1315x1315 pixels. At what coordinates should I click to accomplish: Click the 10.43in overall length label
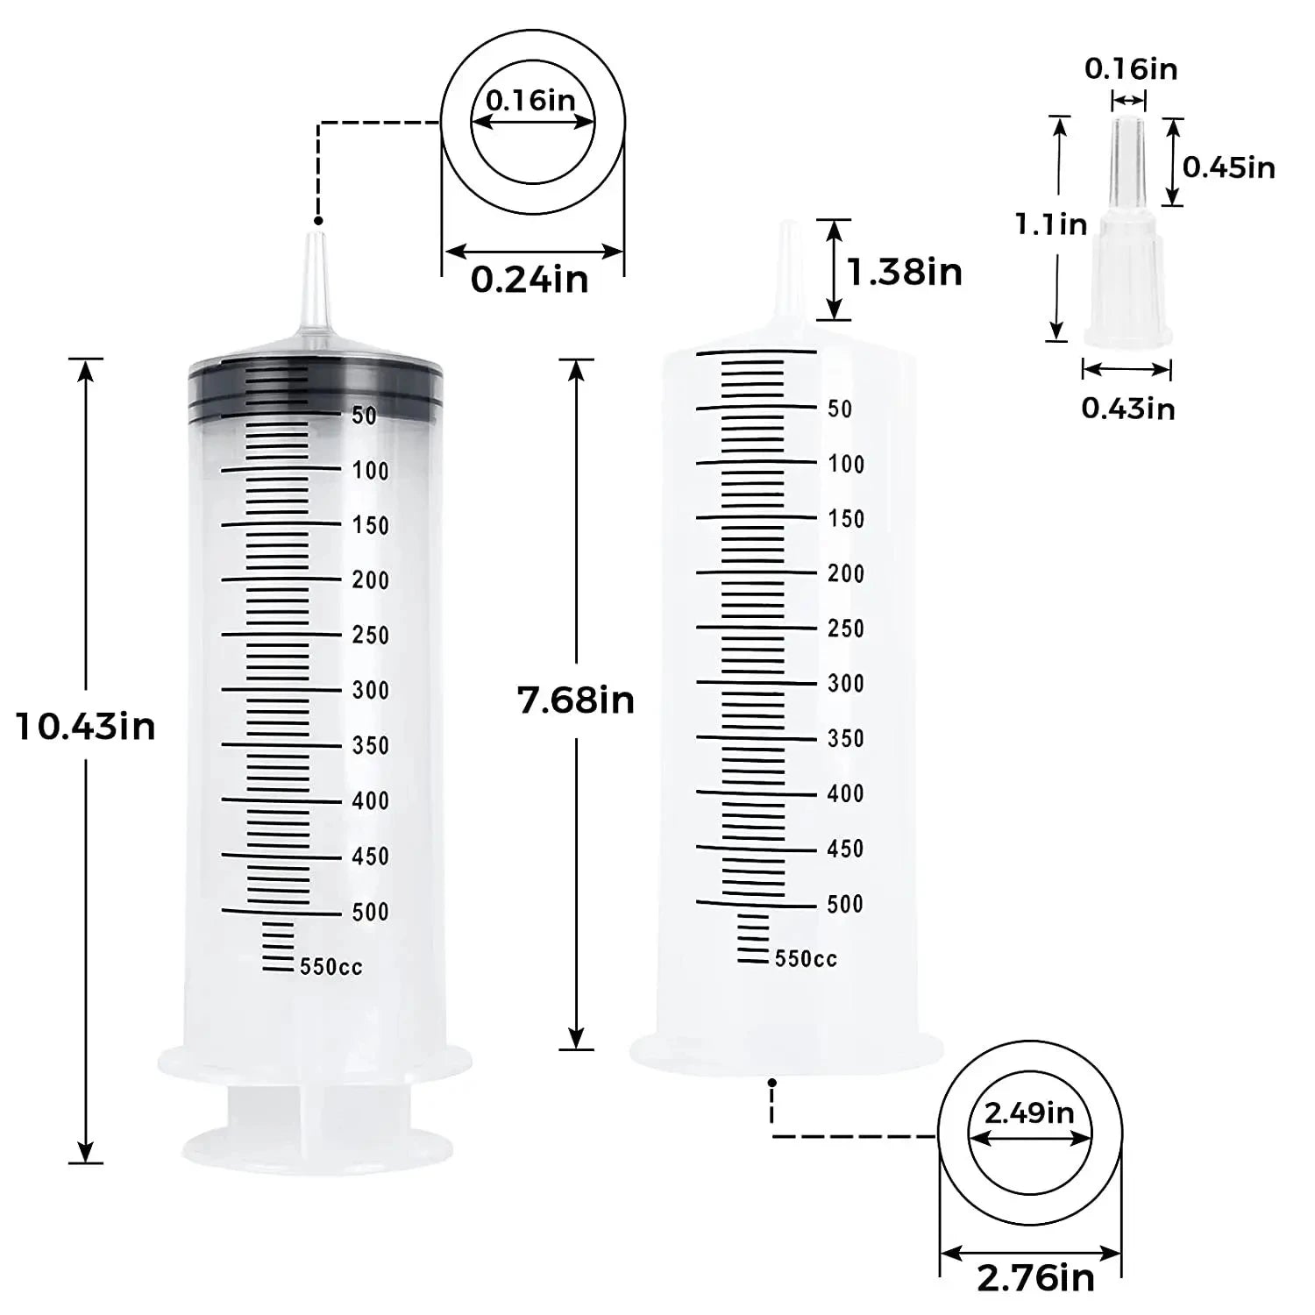pyautogui.click(x=86, y=727)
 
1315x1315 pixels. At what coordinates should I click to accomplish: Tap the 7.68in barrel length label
pyautogui.click(x=576, y=700)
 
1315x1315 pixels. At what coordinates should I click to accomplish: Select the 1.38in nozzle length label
pyautogui.click(x=905, y=272)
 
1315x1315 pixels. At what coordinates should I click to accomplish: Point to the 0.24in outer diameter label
pyautogui.click(x=530, y=280)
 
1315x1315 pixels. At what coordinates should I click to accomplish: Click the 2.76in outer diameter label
pyautogui.click(x=1036, y=1277)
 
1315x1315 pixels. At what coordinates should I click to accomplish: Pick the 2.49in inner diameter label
pyautogui.click(x=1029, y=1112)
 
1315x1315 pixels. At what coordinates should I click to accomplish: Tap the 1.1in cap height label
pyautogui.click(x=1051, y=224)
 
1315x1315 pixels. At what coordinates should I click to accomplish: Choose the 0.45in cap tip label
pyautogui.click(x=1229, y=167)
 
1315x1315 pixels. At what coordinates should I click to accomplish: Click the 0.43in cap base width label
pyautogui.click(x=1128, y=408)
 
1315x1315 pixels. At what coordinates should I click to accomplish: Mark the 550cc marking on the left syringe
pyautogui.click(x=331, y=967)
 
